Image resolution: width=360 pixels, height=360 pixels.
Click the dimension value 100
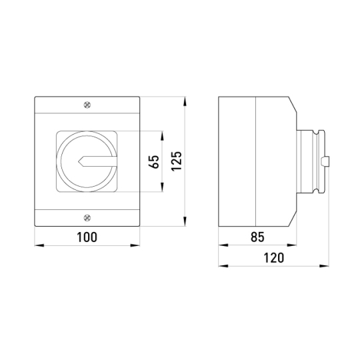(x=87, y=237)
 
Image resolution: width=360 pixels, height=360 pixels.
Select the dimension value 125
(x=177, y=161)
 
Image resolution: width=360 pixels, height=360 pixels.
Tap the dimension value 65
(x=154, y=162)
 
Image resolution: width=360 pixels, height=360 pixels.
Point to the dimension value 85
(x=257, y=237)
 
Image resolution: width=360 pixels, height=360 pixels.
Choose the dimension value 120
(x=274, y=258)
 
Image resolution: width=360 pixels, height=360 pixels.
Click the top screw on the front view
(x=87, y=105)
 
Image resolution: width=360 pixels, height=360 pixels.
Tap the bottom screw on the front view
(x=87, y=217)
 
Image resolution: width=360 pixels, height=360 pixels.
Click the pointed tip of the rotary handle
(x=79, y=161)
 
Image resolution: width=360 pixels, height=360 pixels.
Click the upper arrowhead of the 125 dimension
(x=185, y=101)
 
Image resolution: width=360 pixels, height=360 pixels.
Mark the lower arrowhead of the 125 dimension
(x=185, y=221)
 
